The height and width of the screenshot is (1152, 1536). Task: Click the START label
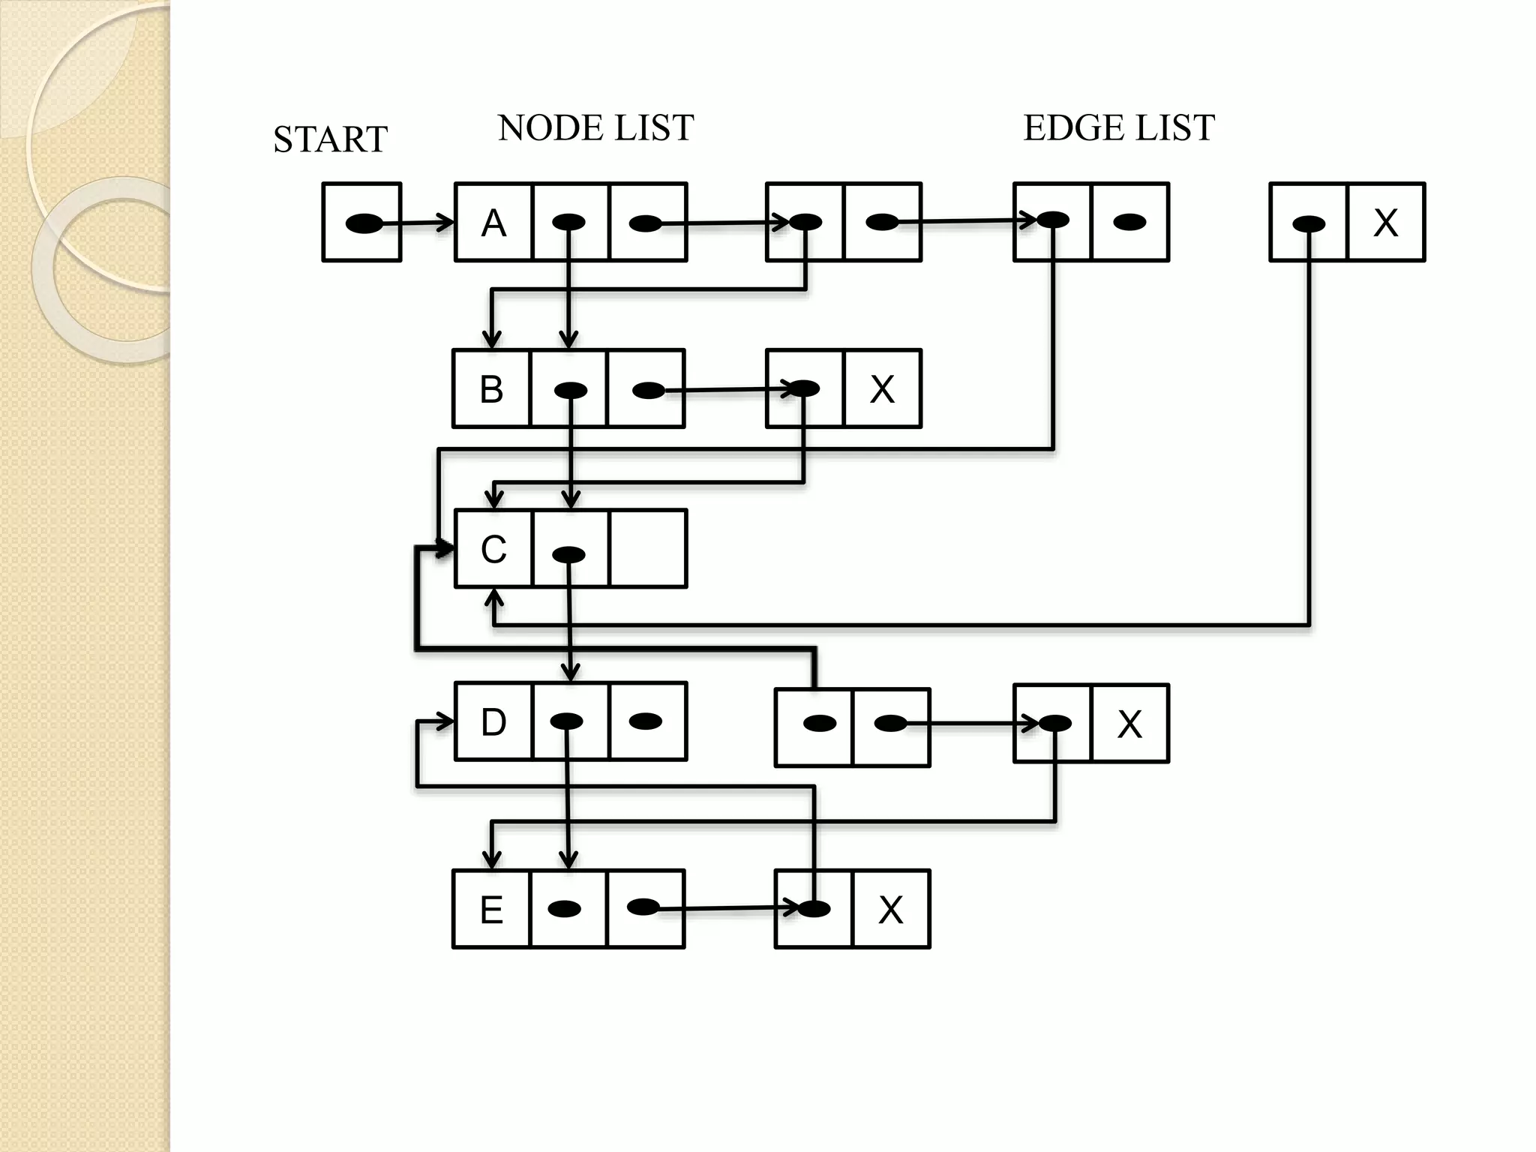(x=330, y=139)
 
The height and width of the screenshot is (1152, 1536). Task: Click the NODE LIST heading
(x=595, y=128)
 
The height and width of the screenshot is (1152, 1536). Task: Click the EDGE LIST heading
(x=1118, y=128)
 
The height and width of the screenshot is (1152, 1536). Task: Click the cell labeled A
(x=493, y=223)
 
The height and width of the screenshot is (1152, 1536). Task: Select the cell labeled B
(x=491, y=389)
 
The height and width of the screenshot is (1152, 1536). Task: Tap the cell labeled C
(x=493, y=549)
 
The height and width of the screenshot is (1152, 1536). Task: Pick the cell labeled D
(x=493, y=722)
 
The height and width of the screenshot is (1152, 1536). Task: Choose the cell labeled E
(x=491, y=910)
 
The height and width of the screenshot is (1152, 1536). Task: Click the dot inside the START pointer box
(x=364, y=223)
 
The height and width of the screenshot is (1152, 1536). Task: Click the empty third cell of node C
(x=648, y=549)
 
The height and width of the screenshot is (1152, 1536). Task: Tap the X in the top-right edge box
(x=1385, y=223)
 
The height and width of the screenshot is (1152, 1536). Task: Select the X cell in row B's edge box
(x=882, y=389)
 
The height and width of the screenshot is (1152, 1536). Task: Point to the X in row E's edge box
(x=890, y=910)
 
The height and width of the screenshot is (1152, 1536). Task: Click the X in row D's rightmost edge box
(x=1129, y=724)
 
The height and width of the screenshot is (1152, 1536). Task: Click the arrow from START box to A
(x=427, y=223)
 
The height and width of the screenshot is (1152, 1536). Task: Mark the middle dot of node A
(x=568, y=222)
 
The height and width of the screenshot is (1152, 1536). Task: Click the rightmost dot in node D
(x=646, y=721)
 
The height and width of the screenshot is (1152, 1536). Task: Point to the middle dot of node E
(x=565, y=909)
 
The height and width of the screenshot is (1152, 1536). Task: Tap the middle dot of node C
(x=568, y=555)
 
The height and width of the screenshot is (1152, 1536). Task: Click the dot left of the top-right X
(x=1309, y=223)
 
